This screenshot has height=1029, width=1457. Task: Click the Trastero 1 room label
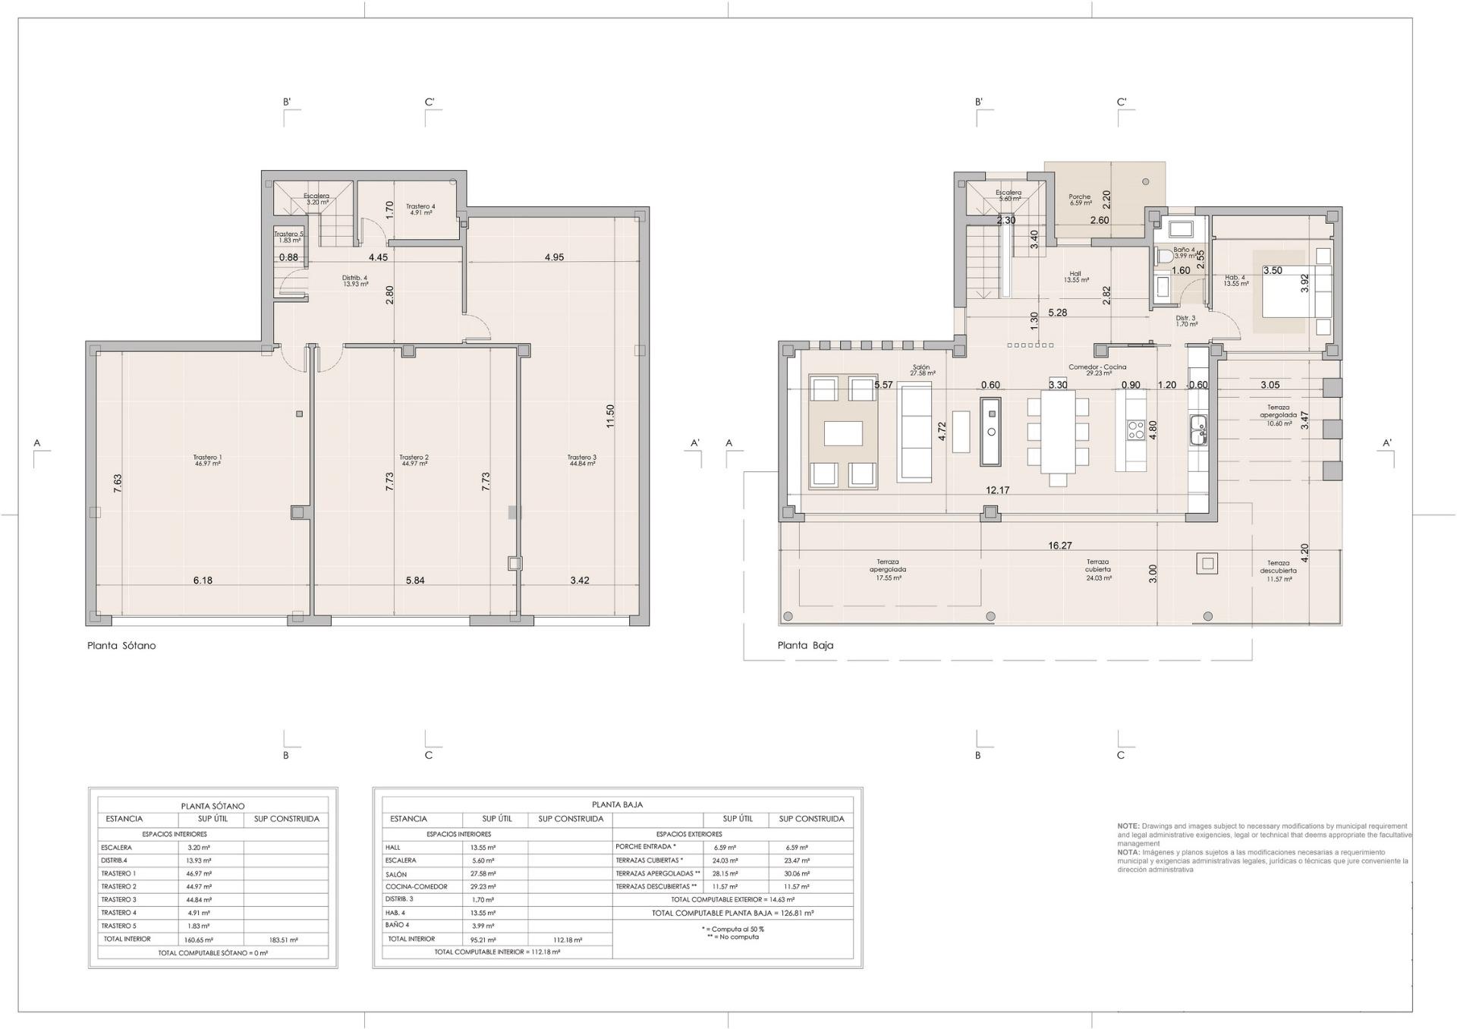pyautogui.click(x=207, y=460)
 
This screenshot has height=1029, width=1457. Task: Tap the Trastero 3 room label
pyautogui.click(x=582, y=460)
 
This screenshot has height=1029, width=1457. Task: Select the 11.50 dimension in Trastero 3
pyautogui.click(x=610, y=416)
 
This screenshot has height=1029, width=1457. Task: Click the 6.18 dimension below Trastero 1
pyautogui.click(x=203, y=581)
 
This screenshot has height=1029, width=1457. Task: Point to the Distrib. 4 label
pyautogui.click(x=354, y=280)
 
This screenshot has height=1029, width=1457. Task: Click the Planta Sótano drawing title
pyautogui.click(x=121, y=646)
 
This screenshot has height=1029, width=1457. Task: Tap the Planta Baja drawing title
pyautogui.click(x=805, y=646)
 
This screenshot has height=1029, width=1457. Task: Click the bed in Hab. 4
pyautogui.click(x=1296, y=291)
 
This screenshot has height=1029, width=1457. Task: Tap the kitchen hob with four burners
pyautogui.click(x=1135, y=430)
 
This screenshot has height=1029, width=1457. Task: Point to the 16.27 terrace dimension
pyautogui.click(x=1060, y=546)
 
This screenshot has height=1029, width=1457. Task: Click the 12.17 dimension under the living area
pyautogui.click(x=997, y=491)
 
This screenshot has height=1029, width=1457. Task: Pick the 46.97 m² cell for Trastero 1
pyautogui.click(x=198, y=874)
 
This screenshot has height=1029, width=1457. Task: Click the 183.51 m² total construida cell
pyautogui.click(x=283, y=939)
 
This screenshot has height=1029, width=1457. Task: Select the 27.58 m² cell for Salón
pyautogui.click(x=483, y=874)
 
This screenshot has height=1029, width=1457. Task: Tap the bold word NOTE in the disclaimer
pyautogui.click(x=1128, y=826)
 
